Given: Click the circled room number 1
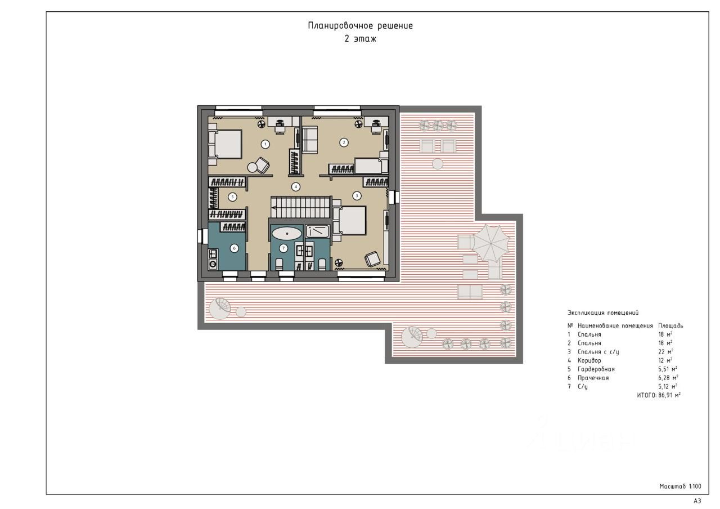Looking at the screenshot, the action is pyautogui.click(x=265, y=144).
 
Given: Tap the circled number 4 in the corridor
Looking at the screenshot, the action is pyautogui.click(x=296, y=186).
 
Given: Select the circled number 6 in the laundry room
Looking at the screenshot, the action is pyautogui.click(x=235, y=248).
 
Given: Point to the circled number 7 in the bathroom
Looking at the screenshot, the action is pyautogui.click(x=283, y=248).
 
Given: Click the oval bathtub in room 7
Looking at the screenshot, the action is pyautogui.click(x=287, y=234).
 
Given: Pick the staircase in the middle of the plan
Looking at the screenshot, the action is pyautogui.click(x=301, y=207).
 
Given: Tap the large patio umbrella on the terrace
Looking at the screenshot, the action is pyautogui.click(x=492, y=244).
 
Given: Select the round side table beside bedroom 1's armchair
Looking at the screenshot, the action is pyautogui.click(x=252, y=167).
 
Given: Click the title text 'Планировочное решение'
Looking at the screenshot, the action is pyautogui.click(x=361, y=26).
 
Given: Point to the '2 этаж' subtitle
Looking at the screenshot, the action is pyautogui.click(x=360, y=39).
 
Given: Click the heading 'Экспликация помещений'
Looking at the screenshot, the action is pyautogui.click(x=603, y=312).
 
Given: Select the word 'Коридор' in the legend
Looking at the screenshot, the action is pyautogui.click(x=589, y=360).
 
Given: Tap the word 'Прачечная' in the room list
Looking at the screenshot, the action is pyautogui.click(x=593, y=378).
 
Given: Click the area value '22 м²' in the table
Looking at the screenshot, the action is pyautogui.click(x=665, y=352).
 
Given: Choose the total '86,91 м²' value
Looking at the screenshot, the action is pyautogui.click(x=669, y=395).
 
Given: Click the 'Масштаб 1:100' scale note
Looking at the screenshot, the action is pyautogui.click(x=680, y=486).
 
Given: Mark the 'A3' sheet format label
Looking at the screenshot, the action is pyautogui.click(x=697, y=501).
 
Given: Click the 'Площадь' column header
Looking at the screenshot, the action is pyautogui.click(x=670, y=325).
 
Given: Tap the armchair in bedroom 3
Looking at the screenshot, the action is pyautogui.click(x=372, y=258).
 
